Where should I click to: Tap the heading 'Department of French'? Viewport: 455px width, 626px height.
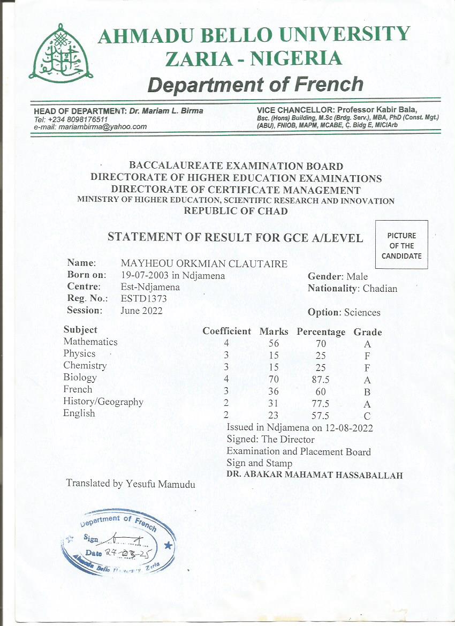tap(255, 84)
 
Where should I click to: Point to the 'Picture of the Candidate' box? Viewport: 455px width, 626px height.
tap(401, 245)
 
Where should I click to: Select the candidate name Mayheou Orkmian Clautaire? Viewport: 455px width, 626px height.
tap(204, 263)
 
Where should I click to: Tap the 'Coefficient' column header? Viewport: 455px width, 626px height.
tap(226, 331)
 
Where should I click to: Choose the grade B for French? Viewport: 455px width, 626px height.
tap(367, 392)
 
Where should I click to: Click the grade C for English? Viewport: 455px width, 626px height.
tap(367, 416)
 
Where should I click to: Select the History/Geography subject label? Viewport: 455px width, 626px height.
tap(103, 402)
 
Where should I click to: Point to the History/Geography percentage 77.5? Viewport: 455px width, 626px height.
tap(320, 404)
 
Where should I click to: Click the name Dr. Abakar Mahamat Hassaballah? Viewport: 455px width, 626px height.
tap(314, 475)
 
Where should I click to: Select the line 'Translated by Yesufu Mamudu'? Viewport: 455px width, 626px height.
tap(130, 484)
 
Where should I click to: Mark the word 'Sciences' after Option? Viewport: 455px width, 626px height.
tap(362, 312)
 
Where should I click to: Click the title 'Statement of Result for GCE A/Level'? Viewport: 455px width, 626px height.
tap(236, 237)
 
